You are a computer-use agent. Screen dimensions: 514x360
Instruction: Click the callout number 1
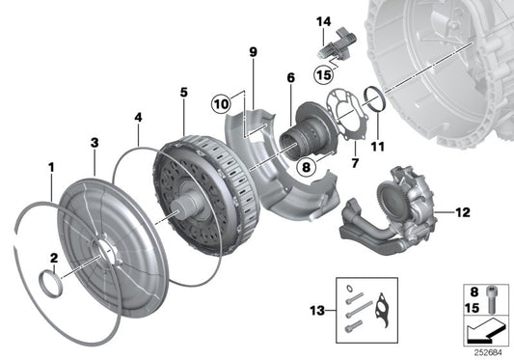click(x=51, y=168)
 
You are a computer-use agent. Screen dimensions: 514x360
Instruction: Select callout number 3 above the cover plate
click(x=95, y=143)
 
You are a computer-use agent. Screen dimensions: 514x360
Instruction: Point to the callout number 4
click(x=138, y=117)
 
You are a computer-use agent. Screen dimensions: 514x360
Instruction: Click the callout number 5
click(x=184, y=93)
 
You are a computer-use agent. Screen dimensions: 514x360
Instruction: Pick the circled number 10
click(x=221, y=104)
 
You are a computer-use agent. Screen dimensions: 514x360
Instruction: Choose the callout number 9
click(x=253, y=52)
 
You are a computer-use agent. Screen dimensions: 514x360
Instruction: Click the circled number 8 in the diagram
click(x=306, y=167)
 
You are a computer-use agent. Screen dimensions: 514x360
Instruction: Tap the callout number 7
click(x=355, y=163)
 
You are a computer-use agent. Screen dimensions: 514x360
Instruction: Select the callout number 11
click(x=377, y=147)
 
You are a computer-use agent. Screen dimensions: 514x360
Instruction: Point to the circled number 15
click(x=324, y=75)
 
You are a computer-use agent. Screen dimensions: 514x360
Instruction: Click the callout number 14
click(x=324, y=22)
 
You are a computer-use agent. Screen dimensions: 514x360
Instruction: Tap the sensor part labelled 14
click(x=338, y=45)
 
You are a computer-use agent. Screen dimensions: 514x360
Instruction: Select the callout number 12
click(x=463, y=212)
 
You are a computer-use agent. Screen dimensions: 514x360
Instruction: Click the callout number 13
click(x=317, y=311)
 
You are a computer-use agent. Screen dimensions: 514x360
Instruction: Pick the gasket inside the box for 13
click(x=383, y=311)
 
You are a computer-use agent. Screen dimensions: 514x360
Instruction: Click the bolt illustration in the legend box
click(x=491, y=299)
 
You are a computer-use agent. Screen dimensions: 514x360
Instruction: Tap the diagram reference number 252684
click(x=488, y=353)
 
